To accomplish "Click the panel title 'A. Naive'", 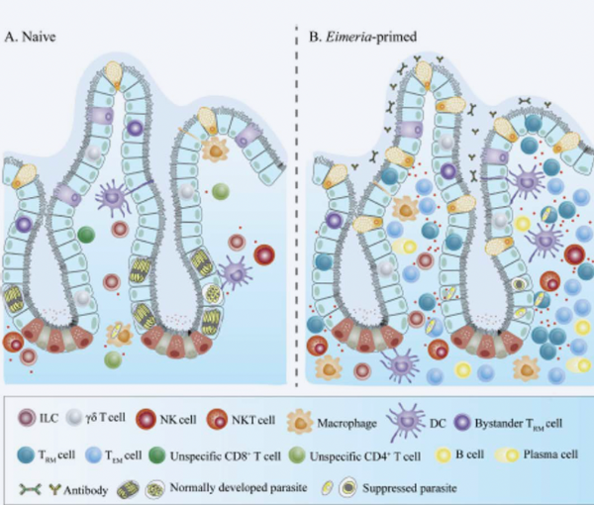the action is coord(30,37).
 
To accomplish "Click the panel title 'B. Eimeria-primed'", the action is coord(362,37).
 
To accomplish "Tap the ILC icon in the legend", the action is coord(28,418).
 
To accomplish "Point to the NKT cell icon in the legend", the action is coord(217,420).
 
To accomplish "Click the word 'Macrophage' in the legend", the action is coord(346,423).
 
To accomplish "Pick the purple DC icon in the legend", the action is coord(406,421).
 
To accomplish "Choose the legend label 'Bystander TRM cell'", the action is coord(519,423).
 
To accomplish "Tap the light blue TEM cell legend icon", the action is coord(94,455).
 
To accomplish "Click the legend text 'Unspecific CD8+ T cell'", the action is coord(225,455).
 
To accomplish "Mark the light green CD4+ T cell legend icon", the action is coord(297,455).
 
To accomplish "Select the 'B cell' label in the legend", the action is coord(469,454).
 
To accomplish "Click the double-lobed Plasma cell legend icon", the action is coord(506,454).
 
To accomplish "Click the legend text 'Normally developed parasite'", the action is coord(239,487).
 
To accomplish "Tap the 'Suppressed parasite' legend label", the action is coord(409,488).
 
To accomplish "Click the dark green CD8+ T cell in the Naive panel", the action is coord(86,235).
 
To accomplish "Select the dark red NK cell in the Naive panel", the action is coord(264,254).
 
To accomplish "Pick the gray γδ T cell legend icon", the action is coord(74,418).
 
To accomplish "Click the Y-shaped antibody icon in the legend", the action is coord(55,489).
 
